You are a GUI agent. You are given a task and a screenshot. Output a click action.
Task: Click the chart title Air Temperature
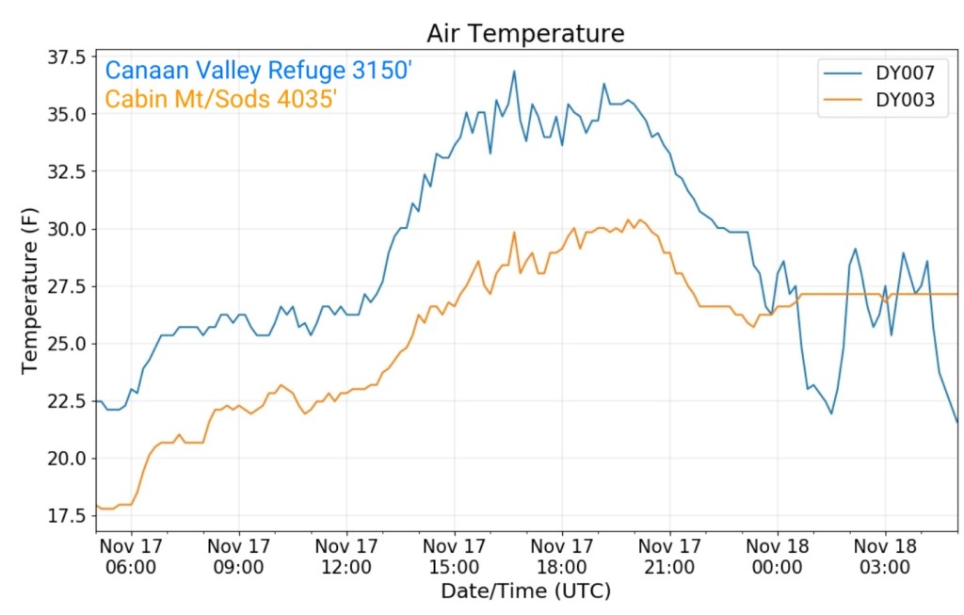[525, 34]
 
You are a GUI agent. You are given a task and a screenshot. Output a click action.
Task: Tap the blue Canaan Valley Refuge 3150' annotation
[259, 71]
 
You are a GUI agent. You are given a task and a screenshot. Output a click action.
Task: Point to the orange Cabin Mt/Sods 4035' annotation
[221, 98]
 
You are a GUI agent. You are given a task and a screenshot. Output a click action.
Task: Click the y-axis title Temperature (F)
[30, 291]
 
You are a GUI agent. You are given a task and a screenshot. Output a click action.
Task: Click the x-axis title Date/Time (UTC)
[525, 591]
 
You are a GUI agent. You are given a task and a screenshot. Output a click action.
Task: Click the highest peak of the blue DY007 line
[514, 71]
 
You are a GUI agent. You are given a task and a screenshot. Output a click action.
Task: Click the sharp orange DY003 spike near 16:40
[514, 232]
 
